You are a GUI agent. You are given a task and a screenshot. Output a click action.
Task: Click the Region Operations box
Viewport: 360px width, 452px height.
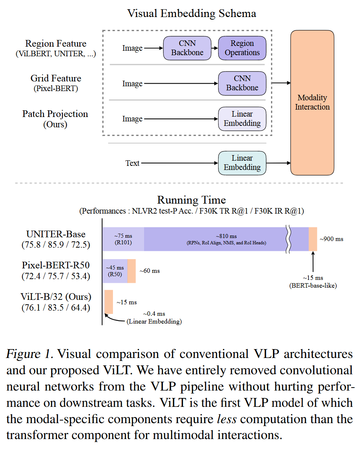coord(242,48)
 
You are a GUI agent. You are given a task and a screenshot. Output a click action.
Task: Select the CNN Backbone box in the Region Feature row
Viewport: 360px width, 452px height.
coord(187,48)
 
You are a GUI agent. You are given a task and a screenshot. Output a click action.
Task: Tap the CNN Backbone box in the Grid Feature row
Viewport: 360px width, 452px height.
coord(242,83)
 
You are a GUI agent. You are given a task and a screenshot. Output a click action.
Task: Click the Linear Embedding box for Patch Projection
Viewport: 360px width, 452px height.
coord(242,119)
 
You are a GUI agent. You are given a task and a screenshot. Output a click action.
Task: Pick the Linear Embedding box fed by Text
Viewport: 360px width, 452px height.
coord(242,163)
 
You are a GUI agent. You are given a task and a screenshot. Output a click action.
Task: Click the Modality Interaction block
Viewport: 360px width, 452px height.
coord(312,103)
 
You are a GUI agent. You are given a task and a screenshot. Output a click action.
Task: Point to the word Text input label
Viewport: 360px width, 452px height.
coord(133,163)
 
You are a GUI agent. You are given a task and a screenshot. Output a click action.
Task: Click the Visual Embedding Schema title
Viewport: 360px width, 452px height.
coord(191,14)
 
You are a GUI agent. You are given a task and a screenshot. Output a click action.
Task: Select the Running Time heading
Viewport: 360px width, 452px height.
coord(191,200)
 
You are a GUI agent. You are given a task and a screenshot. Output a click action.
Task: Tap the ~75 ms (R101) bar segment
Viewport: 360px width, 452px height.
coord(123,239)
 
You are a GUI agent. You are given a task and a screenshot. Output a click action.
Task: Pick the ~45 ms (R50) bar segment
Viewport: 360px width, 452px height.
coord(115,271)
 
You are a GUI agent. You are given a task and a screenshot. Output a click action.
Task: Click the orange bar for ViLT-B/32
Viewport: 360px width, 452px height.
coord(109,302)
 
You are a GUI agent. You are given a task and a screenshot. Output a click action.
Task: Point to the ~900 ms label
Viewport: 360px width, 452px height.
coord(331,239)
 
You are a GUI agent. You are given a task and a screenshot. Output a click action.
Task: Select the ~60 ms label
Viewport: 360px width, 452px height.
coord(150,271)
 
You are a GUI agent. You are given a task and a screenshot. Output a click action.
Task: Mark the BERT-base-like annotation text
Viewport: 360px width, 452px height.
coord(313,285)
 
